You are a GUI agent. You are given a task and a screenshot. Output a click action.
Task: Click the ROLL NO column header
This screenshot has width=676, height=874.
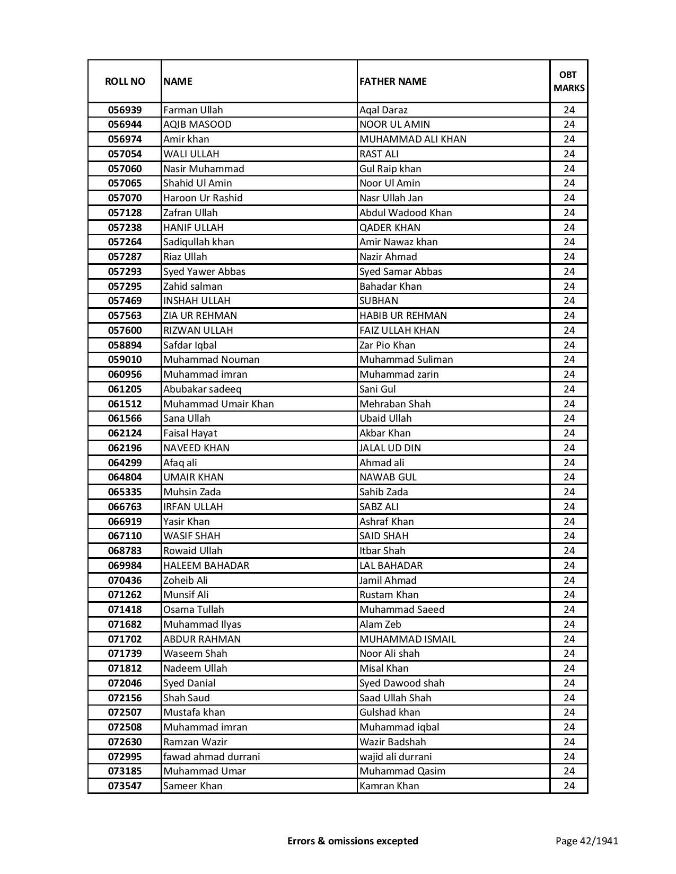tap(125, 82)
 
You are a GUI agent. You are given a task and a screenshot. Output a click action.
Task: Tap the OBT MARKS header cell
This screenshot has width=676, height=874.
tap(569, 82)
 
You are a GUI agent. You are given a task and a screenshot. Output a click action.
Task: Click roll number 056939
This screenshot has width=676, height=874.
tap(125, 110)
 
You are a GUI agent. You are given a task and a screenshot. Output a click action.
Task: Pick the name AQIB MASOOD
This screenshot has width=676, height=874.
tap(197, 124)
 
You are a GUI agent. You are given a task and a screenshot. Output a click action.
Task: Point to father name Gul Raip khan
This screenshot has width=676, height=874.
tap(390, 169)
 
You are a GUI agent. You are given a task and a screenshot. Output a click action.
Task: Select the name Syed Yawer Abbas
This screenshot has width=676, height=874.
tap(204, 272)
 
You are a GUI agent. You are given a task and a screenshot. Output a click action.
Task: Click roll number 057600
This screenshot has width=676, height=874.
tap(125, 331)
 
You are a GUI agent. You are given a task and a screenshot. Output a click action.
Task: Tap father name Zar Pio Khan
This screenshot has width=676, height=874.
tap(387, 345)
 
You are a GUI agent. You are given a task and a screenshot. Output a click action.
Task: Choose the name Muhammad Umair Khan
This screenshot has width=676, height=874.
tap(218, 404)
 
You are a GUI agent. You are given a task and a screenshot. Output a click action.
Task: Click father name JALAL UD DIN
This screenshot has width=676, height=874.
tap(390, 448)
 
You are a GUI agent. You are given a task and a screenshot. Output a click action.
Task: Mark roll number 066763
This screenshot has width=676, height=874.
tap(125, 507)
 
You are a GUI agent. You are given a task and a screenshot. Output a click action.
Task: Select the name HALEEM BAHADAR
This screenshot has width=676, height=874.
tap(206, 566)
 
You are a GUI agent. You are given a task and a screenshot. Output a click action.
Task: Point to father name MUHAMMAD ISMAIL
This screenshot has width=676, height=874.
tap(407, 639)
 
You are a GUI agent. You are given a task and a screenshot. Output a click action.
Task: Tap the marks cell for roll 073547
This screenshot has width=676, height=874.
tap(569, 786)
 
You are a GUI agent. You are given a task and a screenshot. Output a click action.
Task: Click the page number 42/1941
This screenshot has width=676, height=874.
tap(586, 841)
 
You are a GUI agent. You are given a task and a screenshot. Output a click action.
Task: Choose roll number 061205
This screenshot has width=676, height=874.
tap(125, 389)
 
